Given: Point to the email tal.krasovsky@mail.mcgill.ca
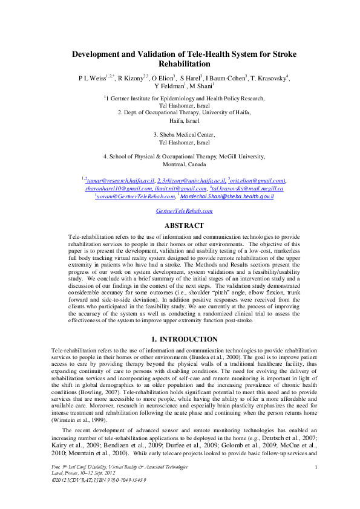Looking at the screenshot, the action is coord(247,189).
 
